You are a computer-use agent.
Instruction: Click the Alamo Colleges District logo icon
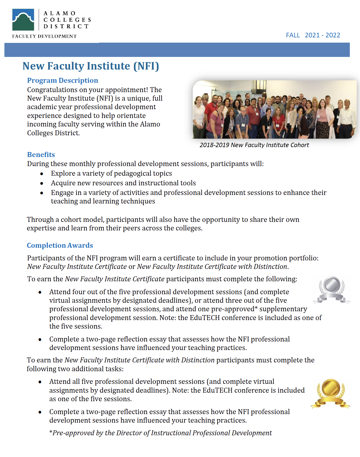(23, 20)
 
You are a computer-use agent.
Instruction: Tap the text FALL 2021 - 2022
(313, 35)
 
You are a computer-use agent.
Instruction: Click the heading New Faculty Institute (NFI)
(91, 66)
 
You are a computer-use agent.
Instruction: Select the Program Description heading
(62, 80)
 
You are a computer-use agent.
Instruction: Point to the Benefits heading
(41, 155)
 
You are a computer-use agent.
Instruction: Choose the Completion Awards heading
(60, 245)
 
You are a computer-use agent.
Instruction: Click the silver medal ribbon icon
(331, 290)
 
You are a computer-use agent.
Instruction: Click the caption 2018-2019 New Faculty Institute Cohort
(254, 145)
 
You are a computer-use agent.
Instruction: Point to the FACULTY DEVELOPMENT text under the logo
(44, 36)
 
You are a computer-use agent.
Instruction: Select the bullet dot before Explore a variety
(42, 174)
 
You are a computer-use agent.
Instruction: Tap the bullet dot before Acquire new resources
(42, 183)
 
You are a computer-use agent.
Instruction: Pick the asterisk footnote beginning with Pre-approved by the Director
(160, 433)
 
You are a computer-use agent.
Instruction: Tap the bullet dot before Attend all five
(40, 382)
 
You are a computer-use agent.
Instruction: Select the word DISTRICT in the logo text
(66, 26)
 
